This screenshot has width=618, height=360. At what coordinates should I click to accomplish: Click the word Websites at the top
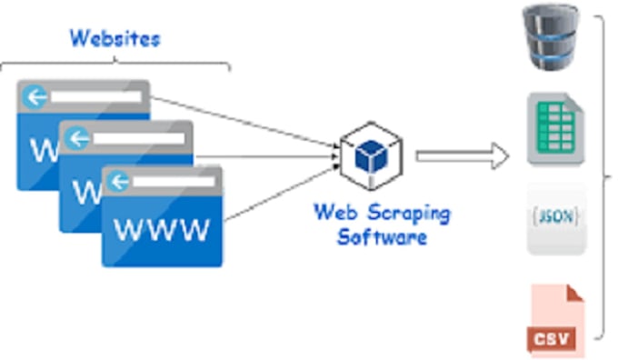click(115, 38)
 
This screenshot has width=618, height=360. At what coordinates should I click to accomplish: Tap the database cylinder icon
click(552, 37)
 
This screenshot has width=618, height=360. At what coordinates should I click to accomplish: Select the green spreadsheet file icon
click(553, 127)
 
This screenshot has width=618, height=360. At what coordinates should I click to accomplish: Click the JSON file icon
click(553, 219)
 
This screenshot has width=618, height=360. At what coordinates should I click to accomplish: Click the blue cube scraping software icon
click(370, 155)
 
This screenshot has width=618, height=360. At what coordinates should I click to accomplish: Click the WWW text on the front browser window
click(163, 229)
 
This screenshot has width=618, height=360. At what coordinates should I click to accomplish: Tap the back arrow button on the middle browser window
click(77, 138)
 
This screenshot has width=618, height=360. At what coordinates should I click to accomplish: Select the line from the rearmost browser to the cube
click(245, 118)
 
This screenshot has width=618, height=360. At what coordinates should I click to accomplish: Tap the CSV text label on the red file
click(552, 340)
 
